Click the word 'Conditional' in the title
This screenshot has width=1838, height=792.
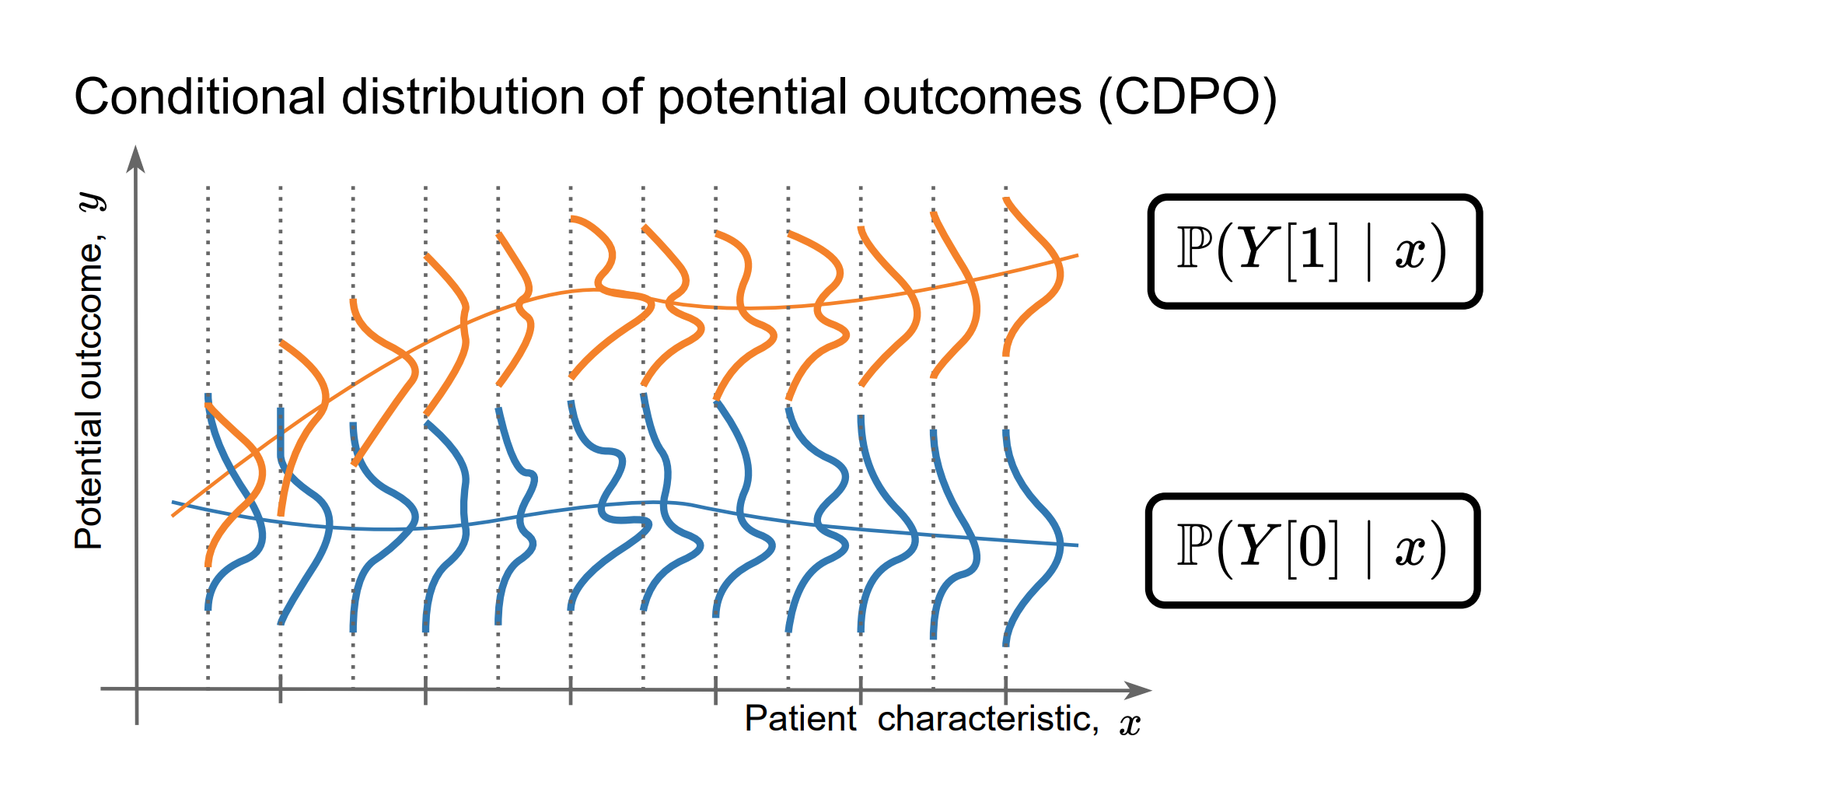(x=199, y=98)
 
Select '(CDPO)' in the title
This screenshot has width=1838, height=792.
(x=1187, y=98)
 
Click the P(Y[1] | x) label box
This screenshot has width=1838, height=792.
(x=1314, y=251)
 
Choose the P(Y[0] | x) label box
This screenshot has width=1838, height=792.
(x=1312, y=550)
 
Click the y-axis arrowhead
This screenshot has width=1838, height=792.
(x=136, y=157)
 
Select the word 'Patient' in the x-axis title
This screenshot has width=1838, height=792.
(x=800, y=718)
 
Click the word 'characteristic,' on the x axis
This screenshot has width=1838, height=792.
(x=988, y=719)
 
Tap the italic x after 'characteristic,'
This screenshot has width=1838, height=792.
(x=1130, y=724)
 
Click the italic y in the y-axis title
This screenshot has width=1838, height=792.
(x=92, y=202)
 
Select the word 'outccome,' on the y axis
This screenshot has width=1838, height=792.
(x=90, y=319)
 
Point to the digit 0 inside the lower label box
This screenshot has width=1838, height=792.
(x=1312, y=548)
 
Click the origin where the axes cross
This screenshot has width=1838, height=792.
(x=137, y=689)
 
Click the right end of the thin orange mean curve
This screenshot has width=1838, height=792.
(x=1076, y=255)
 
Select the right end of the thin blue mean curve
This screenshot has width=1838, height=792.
(x=1076, y=545)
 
